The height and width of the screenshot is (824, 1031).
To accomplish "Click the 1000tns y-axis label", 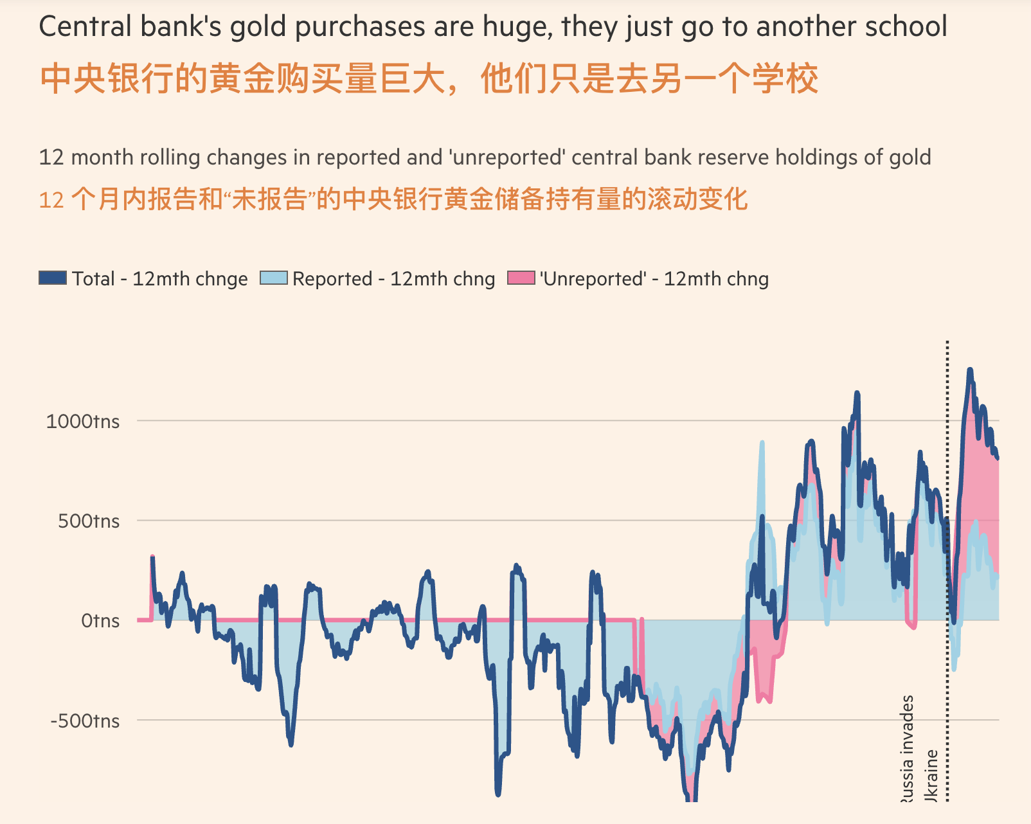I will [x=82, y=422].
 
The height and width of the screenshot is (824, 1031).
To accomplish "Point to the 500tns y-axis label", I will [x=89, y=521].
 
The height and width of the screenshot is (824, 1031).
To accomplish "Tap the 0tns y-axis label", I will [x=100, y=621].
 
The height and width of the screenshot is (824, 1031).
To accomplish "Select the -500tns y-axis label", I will [x=85, y=721].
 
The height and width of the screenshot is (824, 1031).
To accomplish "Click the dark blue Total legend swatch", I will [x=53, y=278].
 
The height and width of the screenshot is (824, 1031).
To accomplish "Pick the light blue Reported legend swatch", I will [x=273, y=278].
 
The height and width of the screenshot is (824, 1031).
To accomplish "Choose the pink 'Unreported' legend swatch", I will [x=521, y=278].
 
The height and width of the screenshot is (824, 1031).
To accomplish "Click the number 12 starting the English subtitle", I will [x=51, y=157].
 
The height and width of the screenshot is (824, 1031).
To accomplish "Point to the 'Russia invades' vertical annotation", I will [x=906, y=749].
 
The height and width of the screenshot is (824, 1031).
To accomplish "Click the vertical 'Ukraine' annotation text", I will [x=931, y=775].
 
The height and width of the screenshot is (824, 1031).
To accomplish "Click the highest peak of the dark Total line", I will [x=970, y=371].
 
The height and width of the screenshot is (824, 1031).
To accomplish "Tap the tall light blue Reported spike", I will [x=762, y=443].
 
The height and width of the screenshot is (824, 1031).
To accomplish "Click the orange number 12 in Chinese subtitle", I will [x=51, y=201].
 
